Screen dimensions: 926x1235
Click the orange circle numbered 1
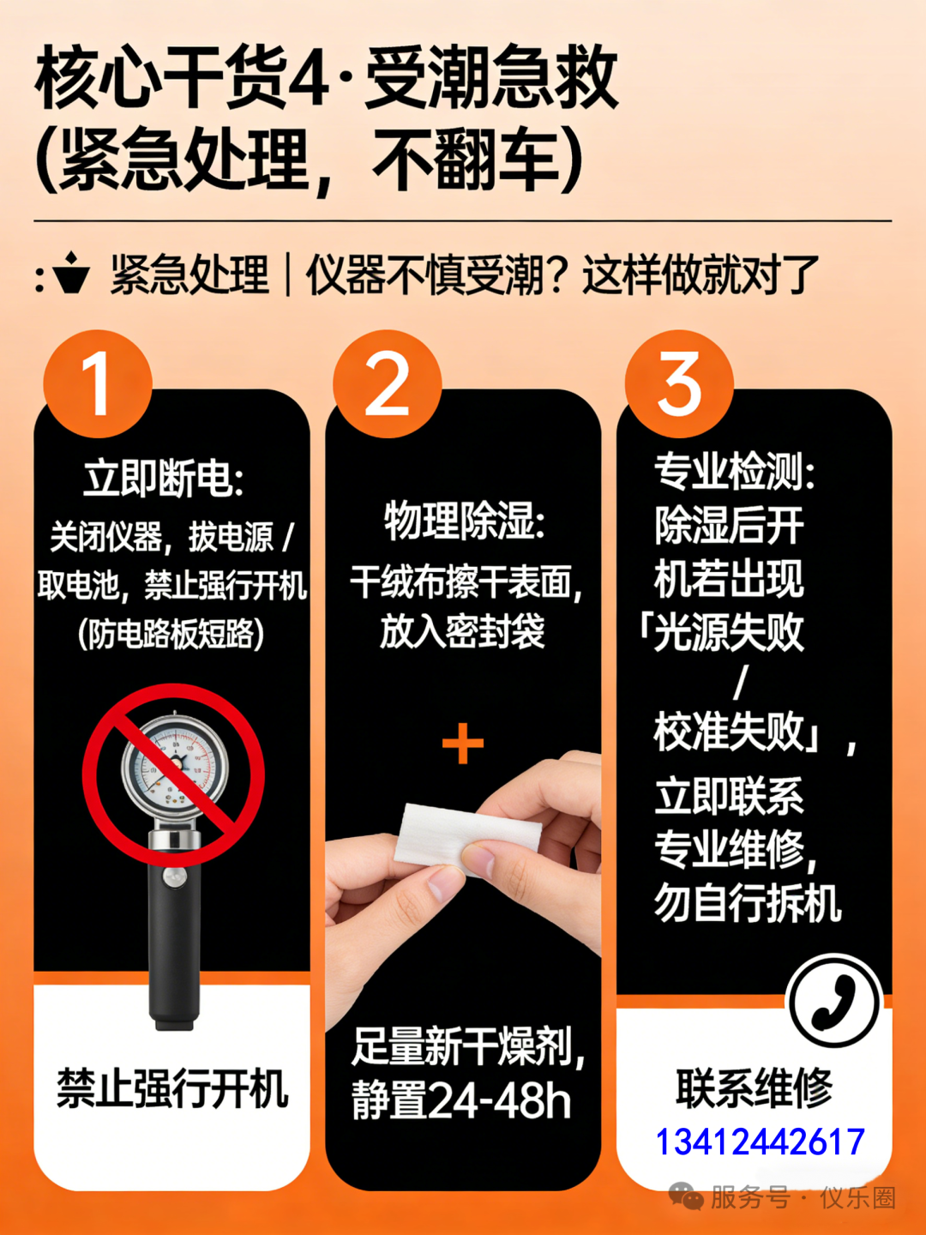point(98,383)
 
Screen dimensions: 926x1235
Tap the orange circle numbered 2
point(388,383)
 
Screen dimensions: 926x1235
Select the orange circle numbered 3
point(679,383)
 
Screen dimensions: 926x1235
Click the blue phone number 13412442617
point(761,1141)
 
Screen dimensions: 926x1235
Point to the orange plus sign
point(463,744)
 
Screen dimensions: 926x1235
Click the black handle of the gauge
point(174,945)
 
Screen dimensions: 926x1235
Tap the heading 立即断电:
point(164,479)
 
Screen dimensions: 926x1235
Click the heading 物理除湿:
point(465,521)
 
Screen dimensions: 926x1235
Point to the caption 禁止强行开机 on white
point(172,1088)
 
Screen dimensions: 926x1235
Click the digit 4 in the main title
point(308,79)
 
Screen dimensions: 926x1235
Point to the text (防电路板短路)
point(171,634)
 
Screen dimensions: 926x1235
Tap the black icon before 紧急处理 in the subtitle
point(71,273)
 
